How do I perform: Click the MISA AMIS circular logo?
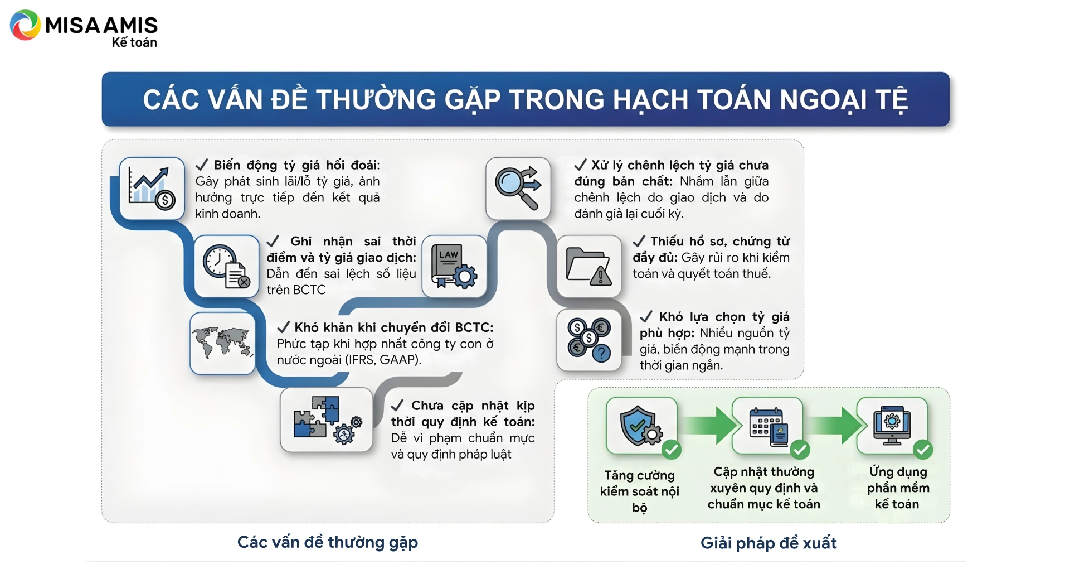[25, 25]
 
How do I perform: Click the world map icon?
[222, 343]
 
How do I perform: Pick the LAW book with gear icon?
[454, 266]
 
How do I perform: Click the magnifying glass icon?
[518, 188]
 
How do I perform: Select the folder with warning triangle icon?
[589, 266]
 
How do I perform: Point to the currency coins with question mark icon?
[589, 340]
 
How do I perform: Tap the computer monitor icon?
[892, 426]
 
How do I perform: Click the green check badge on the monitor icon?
[923, 449]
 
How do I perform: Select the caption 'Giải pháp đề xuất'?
[769, 543]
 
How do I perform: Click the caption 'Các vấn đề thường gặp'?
[328, 542]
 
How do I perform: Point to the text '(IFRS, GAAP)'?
[383, 360]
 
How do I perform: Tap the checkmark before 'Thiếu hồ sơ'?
[639, 241]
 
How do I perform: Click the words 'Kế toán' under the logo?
[134, 42]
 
